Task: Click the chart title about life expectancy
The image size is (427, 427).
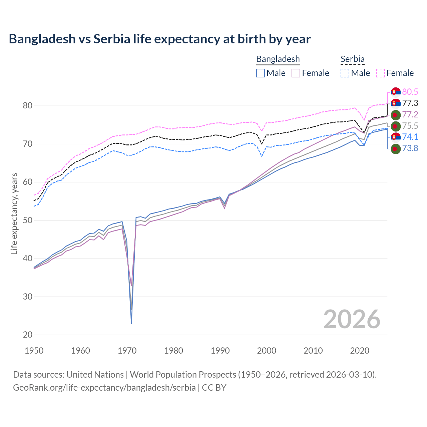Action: [x=159, y=39]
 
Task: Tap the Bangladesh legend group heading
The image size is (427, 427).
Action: [x=278, y=59]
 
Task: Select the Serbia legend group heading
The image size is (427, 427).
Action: [x=352, y=59]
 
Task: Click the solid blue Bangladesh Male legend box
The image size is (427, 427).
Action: [x=261, y=73]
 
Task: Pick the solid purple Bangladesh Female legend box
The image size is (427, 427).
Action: [x=296, y=73]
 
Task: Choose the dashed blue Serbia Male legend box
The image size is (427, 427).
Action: [x=345, y=73]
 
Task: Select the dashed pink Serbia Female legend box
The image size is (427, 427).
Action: [x=381, y=73]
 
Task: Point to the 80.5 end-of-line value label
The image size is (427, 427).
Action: [x=410, y=92]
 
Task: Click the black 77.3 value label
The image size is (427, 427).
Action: [x=410, y=103]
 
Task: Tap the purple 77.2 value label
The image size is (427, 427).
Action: [x=410, y=115]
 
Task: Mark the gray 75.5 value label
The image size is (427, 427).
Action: [x=410, y=126]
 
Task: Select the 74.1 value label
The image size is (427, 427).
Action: [x=410, y=137]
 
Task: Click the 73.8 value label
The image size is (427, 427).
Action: [x=410, y=148]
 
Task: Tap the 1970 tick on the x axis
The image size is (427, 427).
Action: [x=127, y=351]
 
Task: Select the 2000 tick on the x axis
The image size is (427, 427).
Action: [x=267, y=351]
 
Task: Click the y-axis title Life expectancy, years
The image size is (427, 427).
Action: [x=14, y=213]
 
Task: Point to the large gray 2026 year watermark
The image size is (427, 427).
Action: [x=352, y=319]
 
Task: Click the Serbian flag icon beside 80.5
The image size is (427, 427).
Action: [x=396, y=92]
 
